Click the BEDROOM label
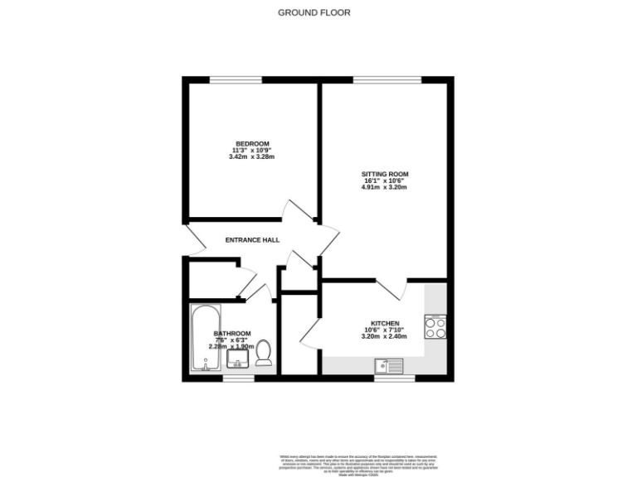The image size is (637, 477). [x=250, y=142]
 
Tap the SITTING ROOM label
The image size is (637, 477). [x=386, y=174]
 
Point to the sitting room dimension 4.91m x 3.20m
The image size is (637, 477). [x=386, y=187]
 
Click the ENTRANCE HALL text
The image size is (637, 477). [x=252, y=240]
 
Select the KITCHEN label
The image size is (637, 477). [x=385, y=323]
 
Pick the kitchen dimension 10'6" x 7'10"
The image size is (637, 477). [x=385, y=330]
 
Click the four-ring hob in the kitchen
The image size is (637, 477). [x=435, y=326]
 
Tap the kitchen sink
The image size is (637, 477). [x=388, y=364]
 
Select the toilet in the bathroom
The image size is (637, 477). [x=265, y=353]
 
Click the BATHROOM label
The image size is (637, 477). [x=231, y=334]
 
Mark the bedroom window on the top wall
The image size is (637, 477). [x=236, y=79]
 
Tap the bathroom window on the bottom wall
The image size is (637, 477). [x=238, y=378]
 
